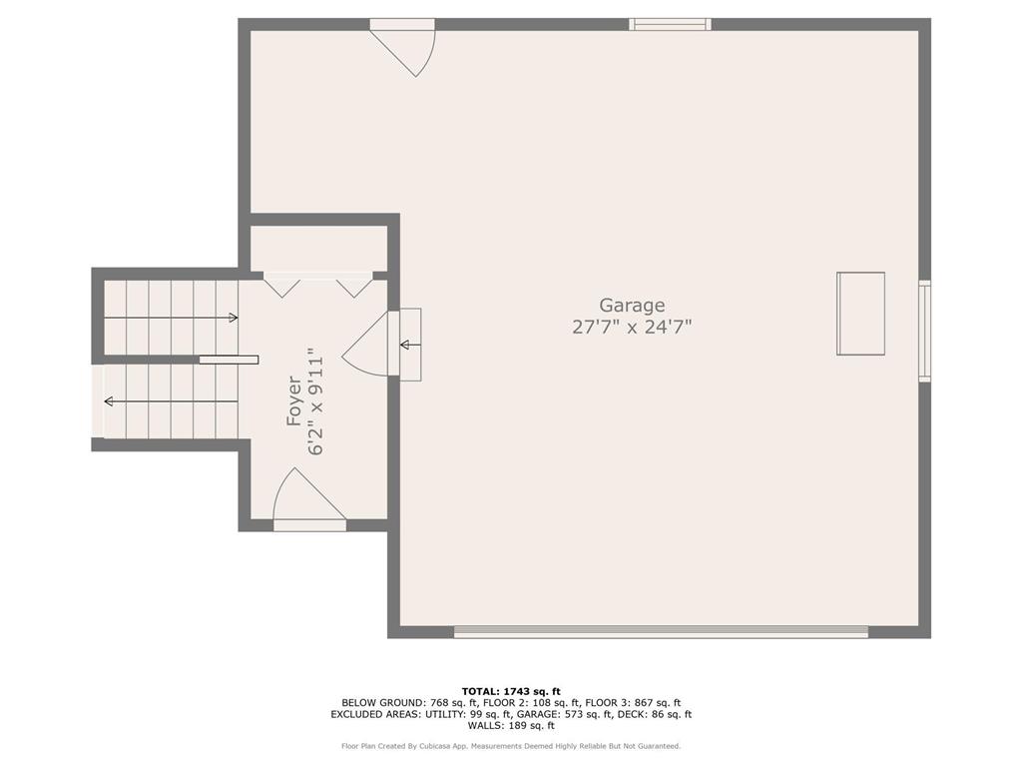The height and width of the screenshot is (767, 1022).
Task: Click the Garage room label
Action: (x=632, y=306)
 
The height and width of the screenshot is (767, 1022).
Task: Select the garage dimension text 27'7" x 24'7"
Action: (x=632, y=327)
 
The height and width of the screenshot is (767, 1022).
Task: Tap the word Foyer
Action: (x=294, y=401)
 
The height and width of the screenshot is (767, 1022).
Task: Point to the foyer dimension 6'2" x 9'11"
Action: (x=315, y=401)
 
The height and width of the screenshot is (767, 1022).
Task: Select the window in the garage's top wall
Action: (x=670, y=25)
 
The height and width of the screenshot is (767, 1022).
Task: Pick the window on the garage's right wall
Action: (x=924, y=331)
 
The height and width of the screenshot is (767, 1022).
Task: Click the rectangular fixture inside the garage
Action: (x=860, y=314)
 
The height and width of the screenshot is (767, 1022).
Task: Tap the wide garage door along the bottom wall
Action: (x=661, y=631)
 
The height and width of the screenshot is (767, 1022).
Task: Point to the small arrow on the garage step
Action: (x=410, y=345)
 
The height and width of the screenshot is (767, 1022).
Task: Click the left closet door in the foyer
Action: (x=281, y=288)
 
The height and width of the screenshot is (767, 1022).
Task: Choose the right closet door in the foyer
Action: (x=354, y=288)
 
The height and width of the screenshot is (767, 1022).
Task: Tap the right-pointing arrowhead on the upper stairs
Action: (x=234, y=318)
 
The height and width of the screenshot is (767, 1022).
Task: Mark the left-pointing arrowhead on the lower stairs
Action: (x=108, y=401)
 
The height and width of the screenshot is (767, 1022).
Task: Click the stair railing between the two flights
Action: (x=229, y=360)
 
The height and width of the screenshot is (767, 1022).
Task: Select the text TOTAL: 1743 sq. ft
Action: (x=511, y=691)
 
